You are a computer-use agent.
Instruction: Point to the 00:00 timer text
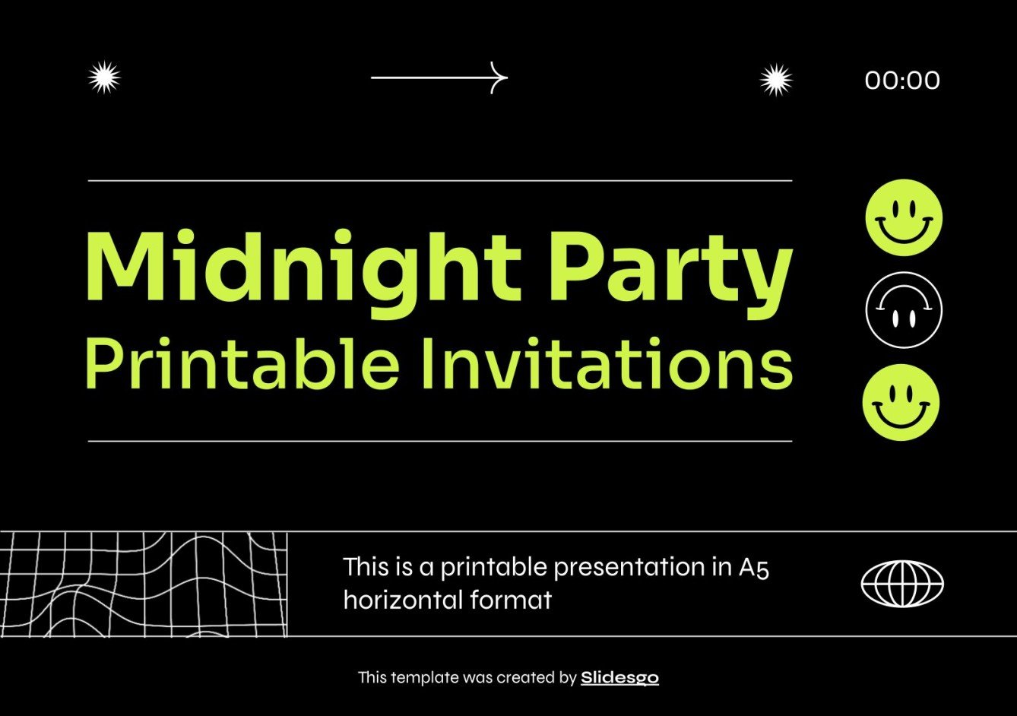pos(902,80)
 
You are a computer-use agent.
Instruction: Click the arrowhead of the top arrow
pos(499,78)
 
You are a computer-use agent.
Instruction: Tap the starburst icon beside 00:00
pos(775,80)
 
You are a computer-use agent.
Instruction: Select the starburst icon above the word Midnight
pos(104,78)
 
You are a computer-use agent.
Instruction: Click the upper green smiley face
pos(904,217)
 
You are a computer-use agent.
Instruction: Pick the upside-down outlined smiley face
pos(904,310)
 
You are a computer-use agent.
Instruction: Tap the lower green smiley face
pos(901,402)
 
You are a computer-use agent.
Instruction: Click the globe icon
pos(902,584)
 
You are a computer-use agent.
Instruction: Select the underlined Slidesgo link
pos(619,677)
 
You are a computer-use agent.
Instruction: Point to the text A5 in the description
pos(754,567)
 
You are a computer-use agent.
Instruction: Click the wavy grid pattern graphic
pos(144,584)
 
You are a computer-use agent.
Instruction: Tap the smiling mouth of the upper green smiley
pos(904,229)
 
